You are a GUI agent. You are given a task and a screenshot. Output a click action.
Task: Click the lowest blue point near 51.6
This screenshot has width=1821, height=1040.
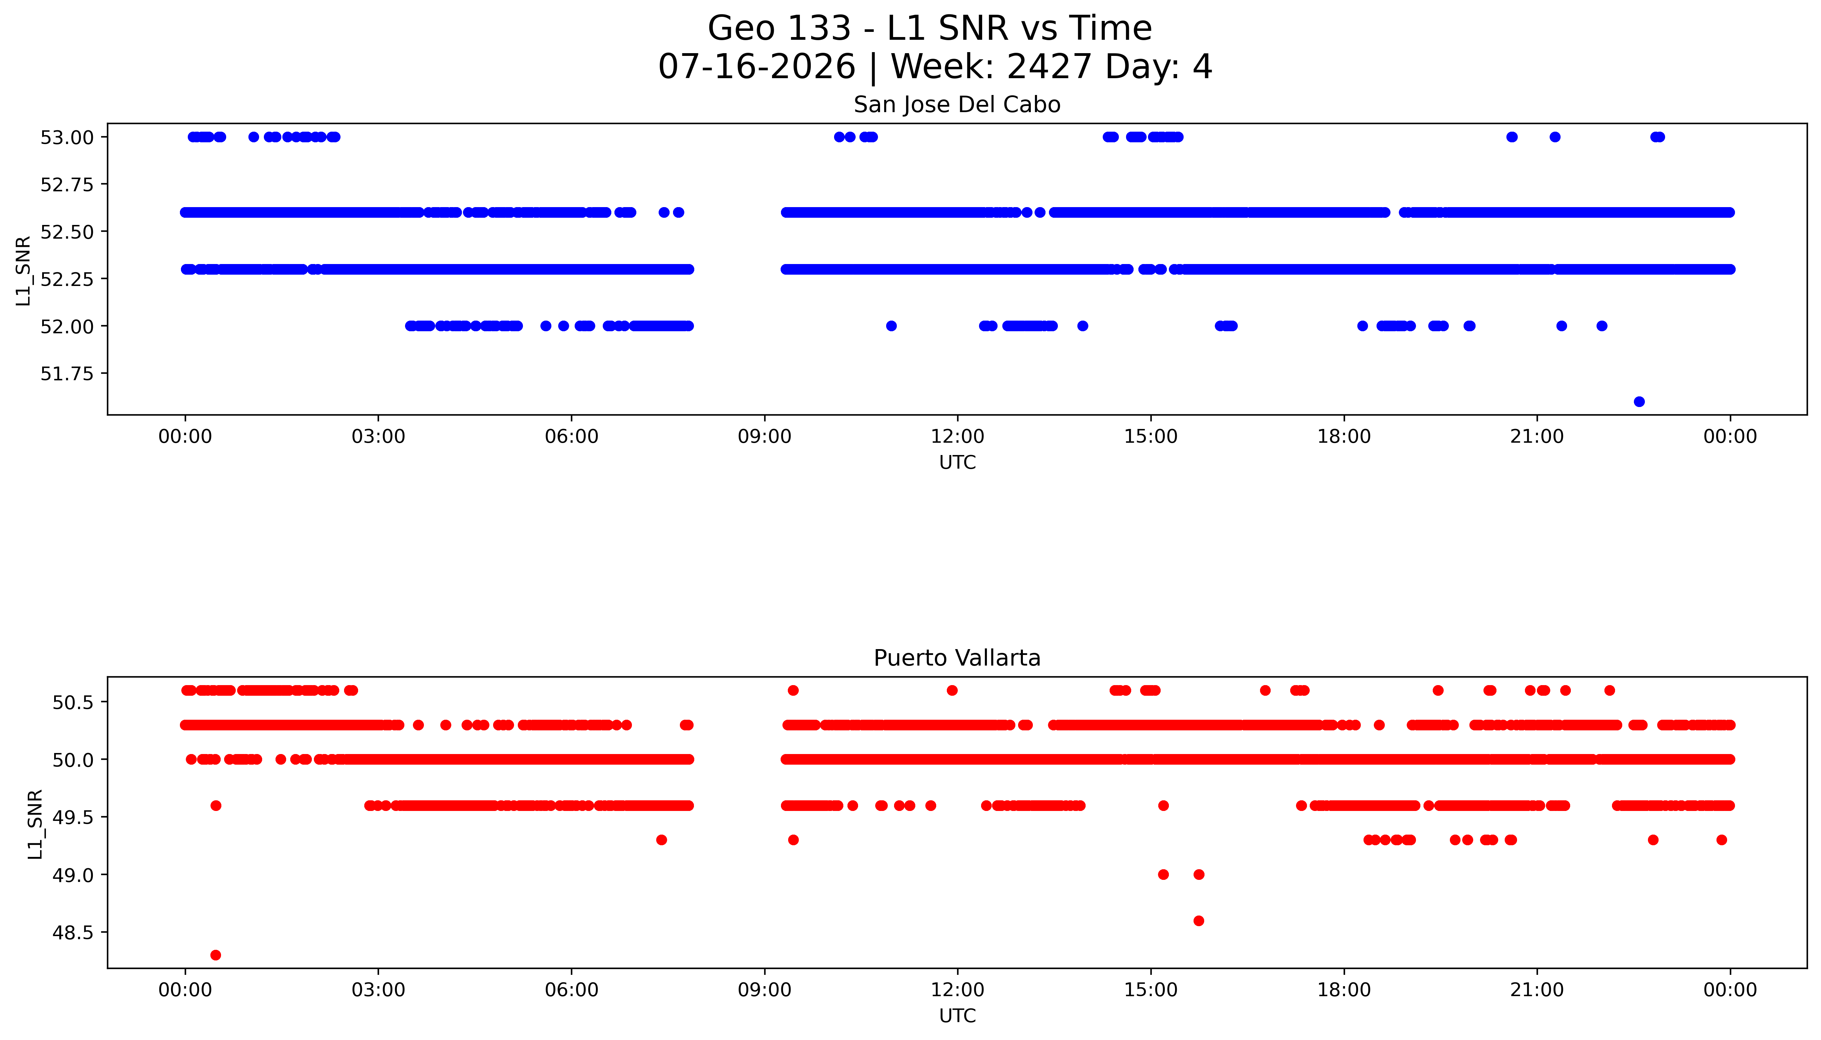click(1639, 402)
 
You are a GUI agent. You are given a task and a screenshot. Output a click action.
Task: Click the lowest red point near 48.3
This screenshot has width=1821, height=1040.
click(216, 955)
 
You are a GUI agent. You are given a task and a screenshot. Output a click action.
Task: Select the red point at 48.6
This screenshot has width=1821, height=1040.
click(1199, 921)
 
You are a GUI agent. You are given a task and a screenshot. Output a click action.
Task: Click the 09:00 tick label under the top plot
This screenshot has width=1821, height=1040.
click(765, 437)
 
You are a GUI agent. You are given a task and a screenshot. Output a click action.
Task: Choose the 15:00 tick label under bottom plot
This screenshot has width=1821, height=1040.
click(1151, 990)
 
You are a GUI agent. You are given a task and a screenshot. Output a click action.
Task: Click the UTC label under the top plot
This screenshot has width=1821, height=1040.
click(957, 463)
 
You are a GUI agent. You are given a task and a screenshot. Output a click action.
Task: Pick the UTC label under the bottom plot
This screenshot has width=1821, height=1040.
click(957, 1016)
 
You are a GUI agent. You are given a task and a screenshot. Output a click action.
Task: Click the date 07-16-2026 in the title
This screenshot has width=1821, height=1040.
click(757, 67)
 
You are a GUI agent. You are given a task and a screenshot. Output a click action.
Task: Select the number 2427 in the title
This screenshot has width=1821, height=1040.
click(1049, 67)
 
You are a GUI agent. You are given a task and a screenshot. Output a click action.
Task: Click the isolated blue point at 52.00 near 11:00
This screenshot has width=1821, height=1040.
click(891, 326)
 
